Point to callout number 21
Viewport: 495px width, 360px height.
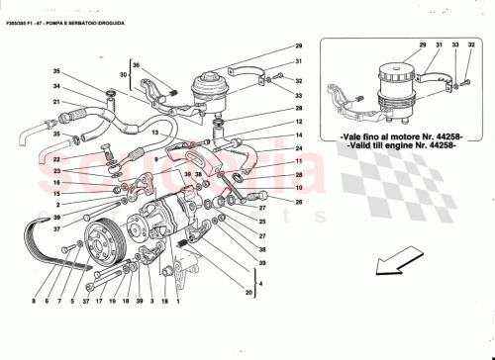[x=56, y=103]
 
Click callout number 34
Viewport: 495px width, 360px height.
[x=56, y=87]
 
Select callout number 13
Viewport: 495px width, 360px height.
[x=155, y=131]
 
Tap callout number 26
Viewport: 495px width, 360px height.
[x=298, y=203]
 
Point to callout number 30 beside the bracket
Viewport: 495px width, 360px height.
[x=124, y=73]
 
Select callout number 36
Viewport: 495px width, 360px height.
[x=137, y=65]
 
